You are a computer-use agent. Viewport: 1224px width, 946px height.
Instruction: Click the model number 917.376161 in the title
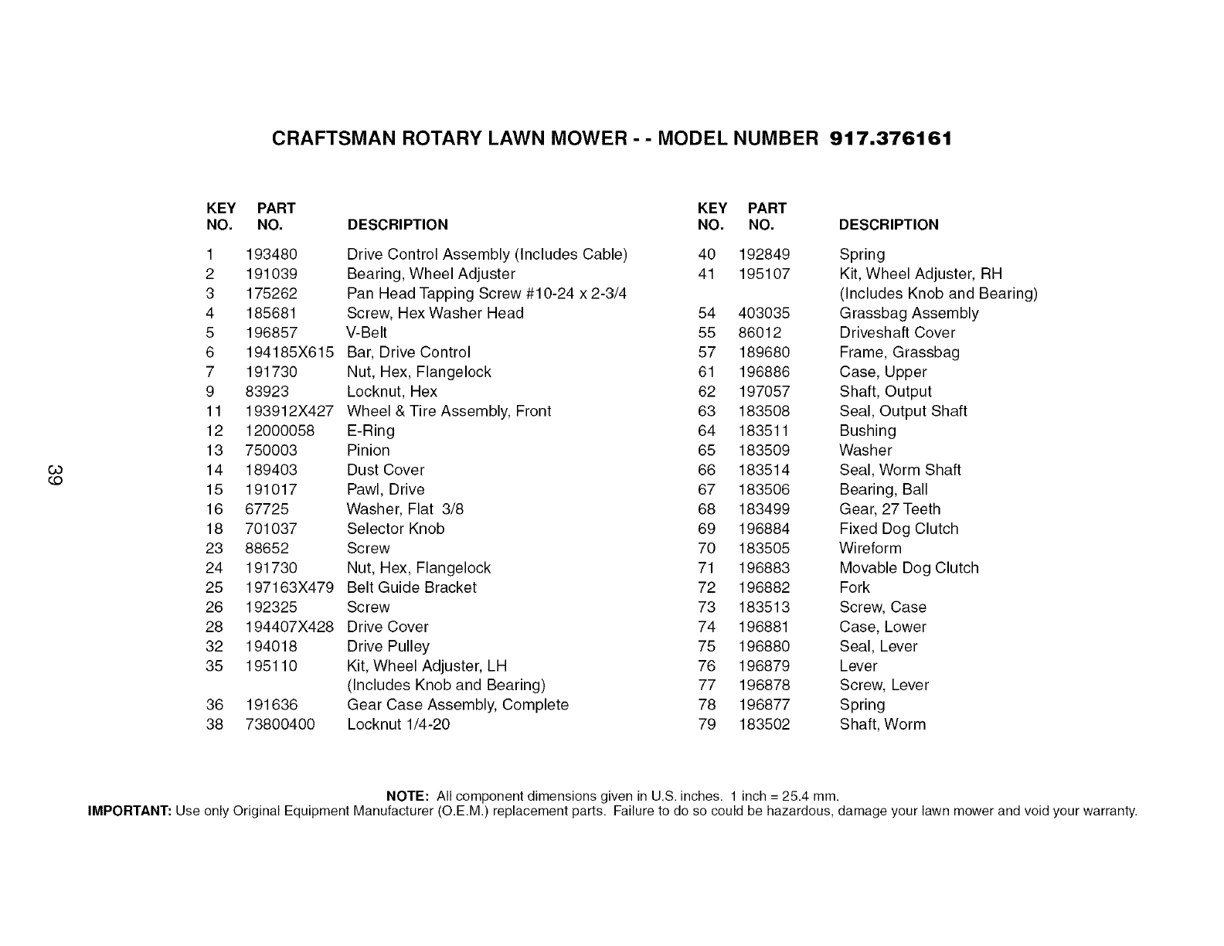890,139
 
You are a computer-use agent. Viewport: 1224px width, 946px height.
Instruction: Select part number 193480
271,254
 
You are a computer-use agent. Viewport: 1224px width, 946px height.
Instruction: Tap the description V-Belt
367,333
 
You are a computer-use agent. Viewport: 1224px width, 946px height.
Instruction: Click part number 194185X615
290,352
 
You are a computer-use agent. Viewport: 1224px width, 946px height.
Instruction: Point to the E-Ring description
371,430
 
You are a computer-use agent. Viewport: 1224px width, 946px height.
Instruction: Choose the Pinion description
369,451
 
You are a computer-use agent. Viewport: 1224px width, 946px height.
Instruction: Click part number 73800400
280,725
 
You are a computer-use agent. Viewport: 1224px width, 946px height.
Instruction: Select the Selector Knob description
396,529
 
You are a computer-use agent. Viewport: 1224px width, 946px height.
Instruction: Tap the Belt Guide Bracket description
412,587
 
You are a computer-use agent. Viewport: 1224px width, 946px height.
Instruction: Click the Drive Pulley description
388,646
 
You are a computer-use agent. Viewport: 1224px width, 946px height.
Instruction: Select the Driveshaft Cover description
897,333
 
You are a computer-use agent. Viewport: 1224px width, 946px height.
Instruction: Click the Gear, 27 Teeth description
890,509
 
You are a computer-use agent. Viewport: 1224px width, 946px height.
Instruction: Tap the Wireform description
870,549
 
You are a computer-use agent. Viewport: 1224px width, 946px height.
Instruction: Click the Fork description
855,587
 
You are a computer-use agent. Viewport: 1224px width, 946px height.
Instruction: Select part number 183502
764,725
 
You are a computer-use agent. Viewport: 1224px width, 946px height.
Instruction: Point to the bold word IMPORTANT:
130,811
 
